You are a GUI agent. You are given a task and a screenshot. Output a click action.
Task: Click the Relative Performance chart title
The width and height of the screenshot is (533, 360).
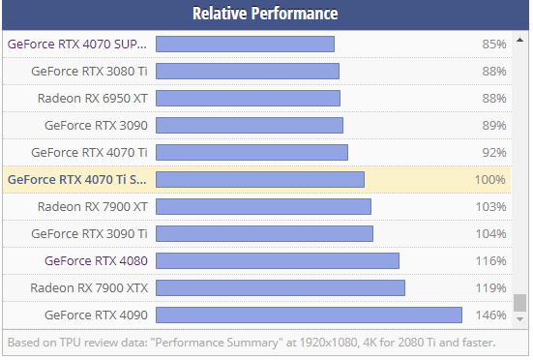pyautogui.click(x=265, y=14)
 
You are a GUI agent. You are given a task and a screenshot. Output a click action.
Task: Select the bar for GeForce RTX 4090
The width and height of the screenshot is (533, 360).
pyautogui.click(x=309, y=315)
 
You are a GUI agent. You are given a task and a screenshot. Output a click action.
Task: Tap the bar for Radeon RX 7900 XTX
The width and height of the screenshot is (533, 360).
pyautogui.click(x=280, y=287)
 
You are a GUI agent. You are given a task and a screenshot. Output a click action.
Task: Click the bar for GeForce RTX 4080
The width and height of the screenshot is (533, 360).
pyautogui.click(x=277, y=260)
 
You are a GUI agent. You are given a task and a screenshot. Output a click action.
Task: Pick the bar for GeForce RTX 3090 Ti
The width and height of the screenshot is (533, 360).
pyautogui.click(x=264, y=233)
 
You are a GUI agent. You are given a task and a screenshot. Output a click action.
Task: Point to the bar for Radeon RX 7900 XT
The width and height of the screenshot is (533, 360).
pyautogui.click(x=263, y=206)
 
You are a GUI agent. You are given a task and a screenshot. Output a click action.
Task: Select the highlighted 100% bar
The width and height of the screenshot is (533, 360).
pyautogui.click(x=259, y=179)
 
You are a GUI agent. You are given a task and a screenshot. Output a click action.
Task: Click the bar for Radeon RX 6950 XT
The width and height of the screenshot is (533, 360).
pyautogui.click(x=248, y=98)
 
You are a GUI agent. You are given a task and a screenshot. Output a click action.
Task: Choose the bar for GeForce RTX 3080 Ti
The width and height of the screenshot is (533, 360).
pyautogui.click(x=247, y=71)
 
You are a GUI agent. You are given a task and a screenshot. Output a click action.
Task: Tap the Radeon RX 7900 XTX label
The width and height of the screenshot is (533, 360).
pyautogui.click(x=89, y=287)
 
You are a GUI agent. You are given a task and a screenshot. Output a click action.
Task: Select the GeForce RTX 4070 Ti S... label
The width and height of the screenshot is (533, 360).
pyautogui.click(x=77, y=179)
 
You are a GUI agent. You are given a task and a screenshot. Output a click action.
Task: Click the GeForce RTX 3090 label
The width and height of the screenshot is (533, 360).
pyautogui.click(x=96, y=125)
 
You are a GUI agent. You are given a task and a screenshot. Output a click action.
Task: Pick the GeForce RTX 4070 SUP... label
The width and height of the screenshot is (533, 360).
pyautogui.click(x=77, y=44)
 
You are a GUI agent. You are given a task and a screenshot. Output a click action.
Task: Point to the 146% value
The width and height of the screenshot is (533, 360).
pyautogui.click(x=491, y=315)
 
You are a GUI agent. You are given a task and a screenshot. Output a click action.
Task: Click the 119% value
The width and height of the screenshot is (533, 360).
pyautogui.click(x=491, y=287)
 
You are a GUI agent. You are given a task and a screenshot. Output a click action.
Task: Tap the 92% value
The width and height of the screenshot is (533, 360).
pyautogui.click(x=494, y=152)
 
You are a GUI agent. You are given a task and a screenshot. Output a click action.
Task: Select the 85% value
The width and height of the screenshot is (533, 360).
pyautogui.click(x=494, y=44)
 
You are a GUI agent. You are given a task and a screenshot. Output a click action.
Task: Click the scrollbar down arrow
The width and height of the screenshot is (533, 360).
pyautogui.click(x=520, y=318)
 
